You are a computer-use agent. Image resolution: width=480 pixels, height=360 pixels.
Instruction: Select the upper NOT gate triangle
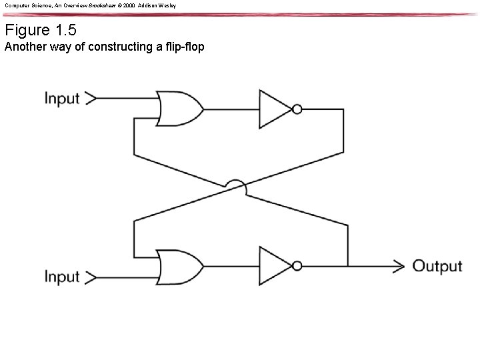point(275,108)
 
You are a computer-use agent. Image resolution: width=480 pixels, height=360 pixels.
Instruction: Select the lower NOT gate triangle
point(275,266)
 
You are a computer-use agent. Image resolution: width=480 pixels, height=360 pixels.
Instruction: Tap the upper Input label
point(62,99)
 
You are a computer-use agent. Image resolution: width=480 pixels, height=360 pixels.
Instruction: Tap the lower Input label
point(62,276)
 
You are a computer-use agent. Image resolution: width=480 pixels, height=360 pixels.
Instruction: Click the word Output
point(437,266)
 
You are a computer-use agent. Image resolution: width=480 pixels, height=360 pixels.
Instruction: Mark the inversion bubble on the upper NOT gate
point(297,108)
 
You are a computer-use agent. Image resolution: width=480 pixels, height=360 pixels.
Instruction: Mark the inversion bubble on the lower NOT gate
point(297,266)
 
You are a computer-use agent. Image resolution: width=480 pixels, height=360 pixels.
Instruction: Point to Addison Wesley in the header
point(158,5)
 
